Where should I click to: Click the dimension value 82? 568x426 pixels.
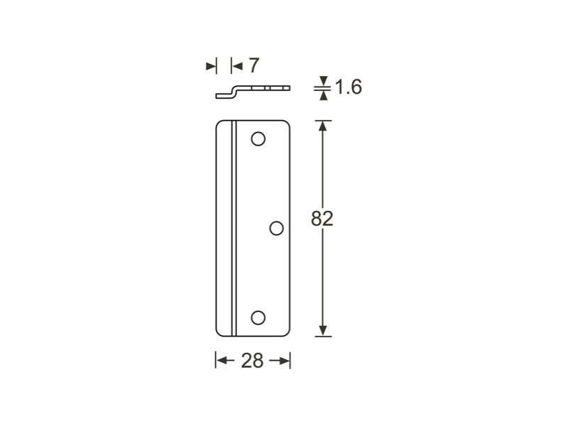tap(322, 219)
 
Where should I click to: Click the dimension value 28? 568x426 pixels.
tap(252, 361)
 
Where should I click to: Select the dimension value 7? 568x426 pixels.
tap(254, 65)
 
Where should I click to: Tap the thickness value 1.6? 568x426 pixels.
tap(348, 87)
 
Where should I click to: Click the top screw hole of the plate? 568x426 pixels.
tap(258, 138)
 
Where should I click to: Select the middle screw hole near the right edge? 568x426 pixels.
tap(276, 228)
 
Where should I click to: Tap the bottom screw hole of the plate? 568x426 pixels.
tap(258, 317)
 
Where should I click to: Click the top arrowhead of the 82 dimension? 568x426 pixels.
tap(323, 125)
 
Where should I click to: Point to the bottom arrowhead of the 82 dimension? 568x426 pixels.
tap(323, 331)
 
